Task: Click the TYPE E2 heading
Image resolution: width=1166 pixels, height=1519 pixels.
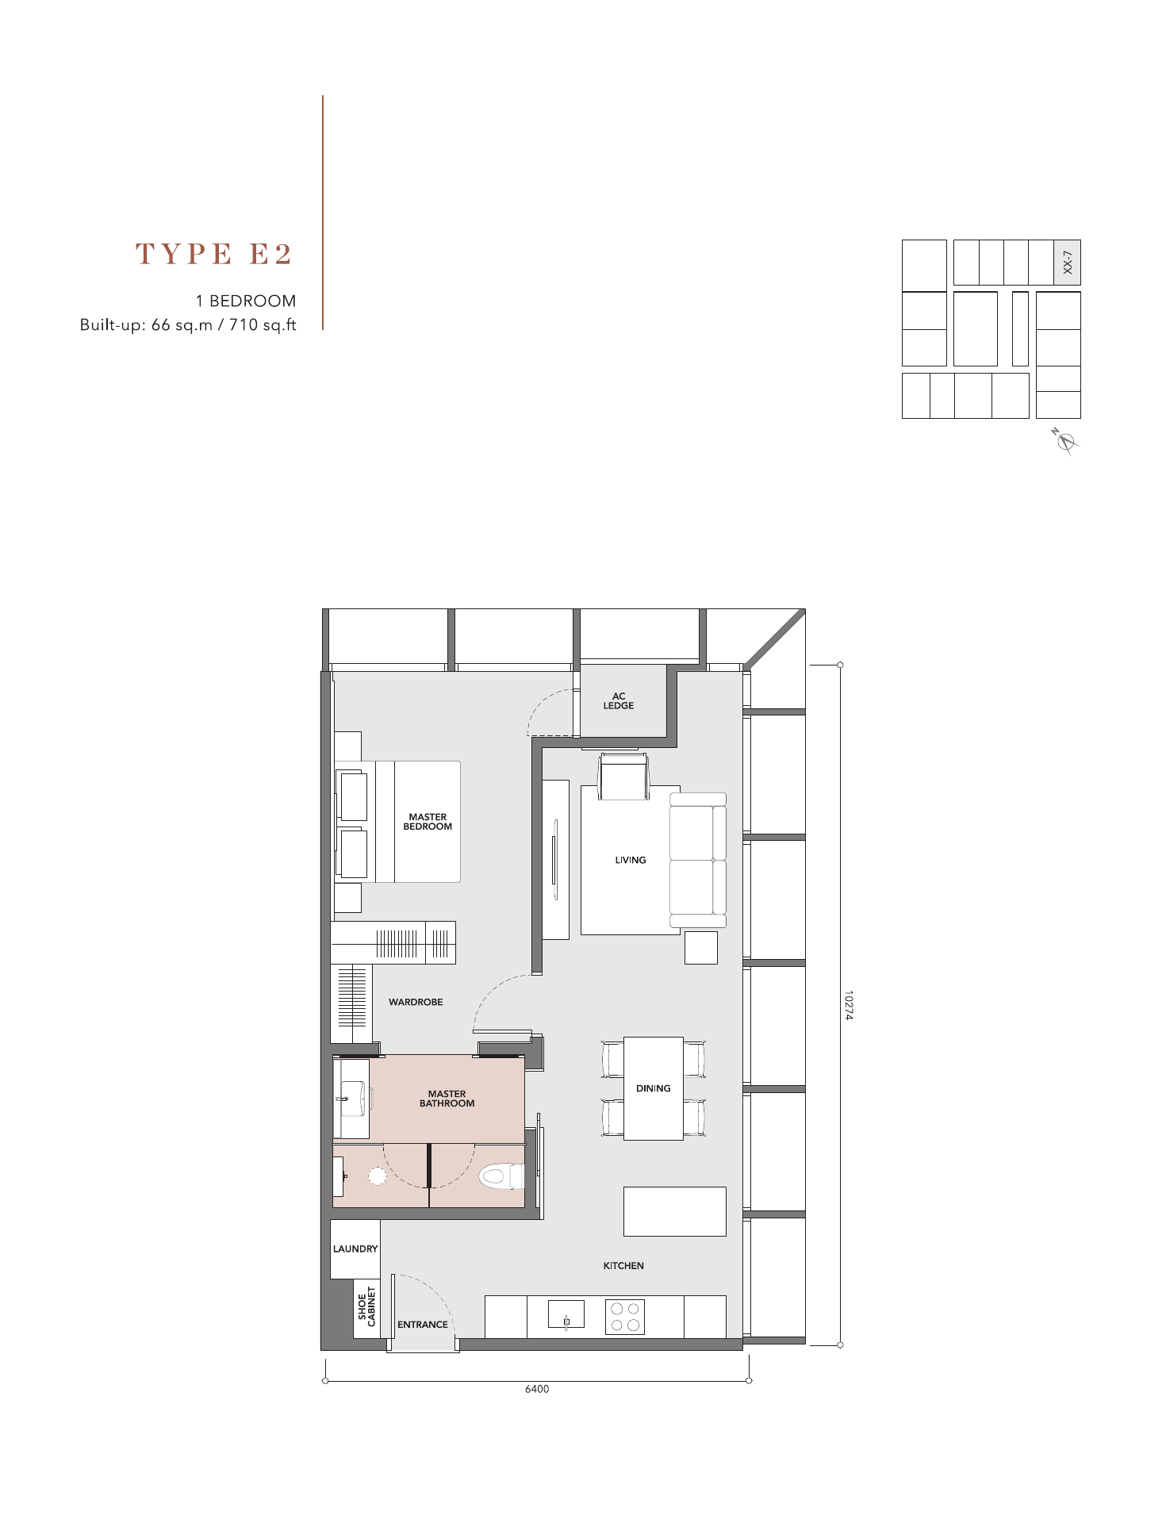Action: pyautogui.click(x=214, y=254)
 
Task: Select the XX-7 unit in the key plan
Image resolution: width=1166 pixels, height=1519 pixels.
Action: pyautogui.click(x=1067, y=263)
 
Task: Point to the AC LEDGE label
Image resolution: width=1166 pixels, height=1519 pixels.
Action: pyautogui.click(x=619, y=701)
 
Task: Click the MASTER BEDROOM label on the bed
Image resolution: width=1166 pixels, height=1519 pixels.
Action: pyautogui.click(x=428, y=822)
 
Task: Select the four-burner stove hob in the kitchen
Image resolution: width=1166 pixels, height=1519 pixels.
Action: pyautogui.click(x=625, y=1317)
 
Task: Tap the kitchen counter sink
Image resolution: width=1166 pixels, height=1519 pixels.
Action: pyautogui.click(x=566, y=1314)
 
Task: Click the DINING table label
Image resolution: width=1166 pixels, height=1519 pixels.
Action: pyautogui.click(x=654, y=1088)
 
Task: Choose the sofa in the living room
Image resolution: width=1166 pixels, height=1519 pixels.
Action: pyautogui.click(x=698, y=860)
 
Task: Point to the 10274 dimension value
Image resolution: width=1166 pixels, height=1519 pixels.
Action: pyautogui.click(x=848, y=1005)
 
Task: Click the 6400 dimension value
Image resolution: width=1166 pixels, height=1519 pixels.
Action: pyautogui.click(x=537, y=1389)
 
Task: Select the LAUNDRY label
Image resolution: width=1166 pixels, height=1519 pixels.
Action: pyautogui.click(x=355, y=1249)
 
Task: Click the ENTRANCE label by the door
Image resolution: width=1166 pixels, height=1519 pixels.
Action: pyautogui.click(x=423, y=1324)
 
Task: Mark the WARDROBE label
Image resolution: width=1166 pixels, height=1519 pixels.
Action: pyautogui.click(x=416, y=1002)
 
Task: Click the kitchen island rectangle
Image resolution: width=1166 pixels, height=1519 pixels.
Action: pyautogui.click(x=675, y=1211)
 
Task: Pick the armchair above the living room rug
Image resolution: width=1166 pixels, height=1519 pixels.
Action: pyautogui.click(x=624, y=777)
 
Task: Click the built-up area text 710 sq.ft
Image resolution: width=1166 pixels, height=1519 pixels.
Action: pyautogui.click(x=263, y=324)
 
